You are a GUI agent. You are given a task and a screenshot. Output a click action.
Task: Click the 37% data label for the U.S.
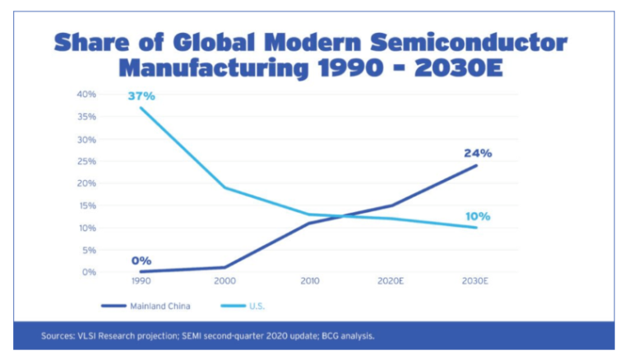[141, 96]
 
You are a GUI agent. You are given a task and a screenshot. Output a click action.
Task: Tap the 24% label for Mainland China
[478, 153]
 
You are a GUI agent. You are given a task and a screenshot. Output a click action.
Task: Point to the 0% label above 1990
[141, 261]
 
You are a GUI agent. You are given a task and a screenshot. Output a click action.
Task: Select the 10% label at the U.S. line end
[477, 216]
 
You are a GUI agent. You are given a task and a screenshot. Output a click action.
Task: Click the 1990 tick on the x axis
[141, 280]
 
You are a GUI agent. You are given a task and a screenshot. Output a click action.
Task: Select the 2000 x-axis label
[225, 280]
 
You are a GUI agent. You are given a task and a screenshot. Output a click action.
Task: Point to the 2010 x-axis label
[308, 280]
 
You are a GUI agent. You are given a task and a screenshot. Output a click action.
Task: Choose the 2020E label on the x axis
[392, 280]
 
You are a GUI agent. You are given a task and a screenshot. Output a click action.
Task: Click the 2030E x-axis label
[475, 280]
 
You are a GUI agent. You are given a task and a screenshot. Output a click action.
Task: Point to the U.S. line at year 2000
[225, 187]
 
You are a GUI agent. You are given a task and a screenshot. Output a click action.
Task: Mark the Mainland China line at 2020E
[392, 205]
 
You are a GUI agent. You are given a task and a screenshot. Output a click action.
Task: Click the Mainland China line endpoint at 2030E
[476, 165]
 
